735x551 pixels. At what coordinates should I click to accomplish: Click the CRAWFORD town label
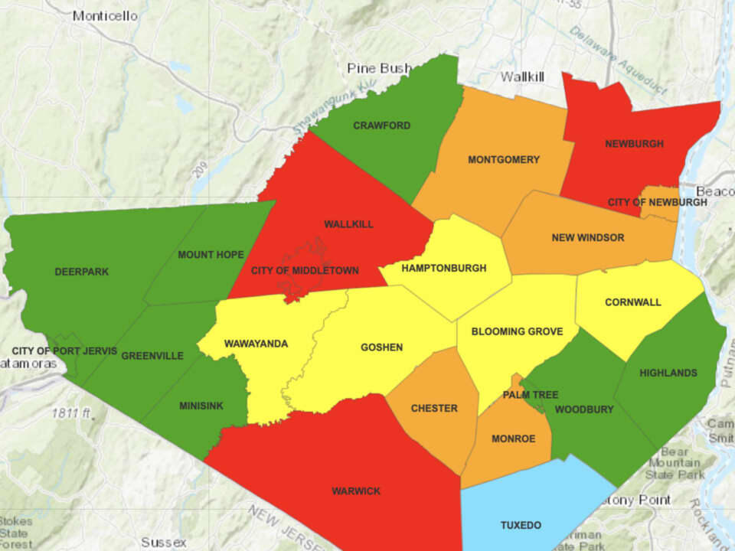click(x=381, y=126)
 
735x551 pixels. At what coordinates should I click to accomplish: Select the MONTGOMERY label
click(x=503, y=160)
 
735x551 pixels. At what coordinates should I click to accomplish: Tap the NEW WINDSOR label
click(x=587, y=238)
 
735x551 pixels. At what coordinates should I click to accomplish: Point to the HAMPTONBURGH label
click(x=443, y=269)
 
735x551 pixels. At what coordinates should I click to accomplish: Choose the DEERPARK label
click(x=82, y=272)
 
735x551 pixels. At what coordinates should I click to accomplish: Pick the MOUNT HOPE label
click(x=211, y=255)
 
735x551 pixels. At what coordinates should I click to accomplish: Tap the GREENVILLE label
click(x=152, y=356)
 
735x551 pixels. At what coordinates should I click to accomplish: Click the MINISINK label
click(x=201, y=406)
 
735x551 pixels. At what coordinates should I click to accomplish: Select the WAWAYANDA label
click(x=256, y=344)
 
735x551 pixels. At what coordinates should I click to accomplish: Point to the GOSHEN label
click(x=381, y=347)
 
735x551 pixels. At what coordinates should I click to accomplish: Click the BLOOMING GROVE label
click(x=517, y=332)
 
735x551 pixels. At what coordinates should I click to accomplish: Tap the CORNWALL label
click(x=632, y=302)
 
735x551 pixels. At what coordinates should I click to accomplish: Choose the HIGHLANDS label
click(x=668, y=373)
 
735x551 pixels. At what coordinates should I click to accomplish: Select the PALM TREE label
click(x=531, y=395)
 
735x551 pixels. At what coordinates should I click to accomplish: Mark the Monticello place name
click(x=105, y=15)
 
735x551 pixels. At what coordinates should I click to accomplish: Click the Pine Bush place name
click(x=379, y=68)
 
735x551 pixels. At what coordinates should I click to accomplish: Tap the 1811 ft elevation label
click(x=73, y=413)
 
